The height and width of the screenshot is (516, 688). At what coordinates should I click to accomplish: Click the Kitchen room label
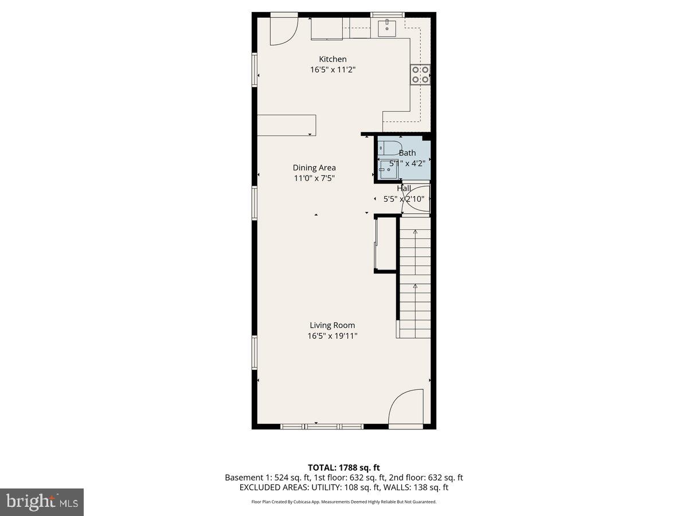tap(333, 59)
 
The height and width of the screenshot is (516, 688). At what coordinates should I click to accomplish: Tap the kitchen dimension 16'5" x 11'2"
tap(333, 70)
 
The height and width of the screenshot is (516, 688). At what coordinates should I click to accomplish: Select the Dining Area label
tap(314, 167)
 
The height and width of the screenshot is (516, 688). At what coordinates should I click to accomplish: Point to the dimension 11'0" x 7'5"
tap(314, 178)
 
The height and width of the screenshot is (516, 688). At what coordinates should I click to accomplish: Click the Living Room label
tap(333, 325)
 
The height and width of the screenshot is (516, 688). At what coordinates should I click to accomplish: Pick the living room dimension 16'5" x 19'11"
tap(333, 336)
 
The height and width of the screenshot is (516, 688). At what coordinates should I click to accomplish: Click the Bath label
tap(407, 153)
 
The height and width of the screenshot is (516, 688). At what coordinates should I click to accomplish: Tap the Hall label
tap(404, 188)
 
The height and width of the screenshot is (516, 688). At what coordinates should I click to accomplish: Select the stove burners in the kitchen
tap(421, 75)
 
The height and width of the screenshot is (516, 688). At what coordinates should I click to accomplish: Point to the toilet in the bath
tap(392, 148)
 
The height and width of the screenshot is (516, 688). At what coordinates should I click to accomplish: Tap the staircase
tap(415, 281)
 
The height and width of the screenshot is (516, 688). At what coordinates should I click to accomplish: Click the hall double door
tap(421, 199)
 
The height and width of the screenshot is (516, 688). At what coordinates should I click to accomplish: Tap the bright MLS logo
tap(42, 502)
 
